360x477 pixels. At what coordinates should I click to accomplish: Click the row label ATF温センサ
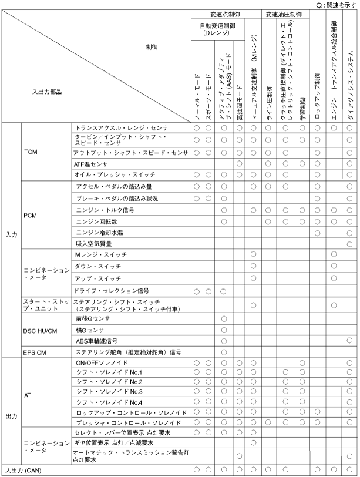pos(92,163)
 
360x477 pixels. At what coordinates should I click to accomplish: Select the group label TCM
pos(31,152)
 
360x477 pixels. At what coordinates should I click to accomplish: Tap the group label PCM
pos(31,216)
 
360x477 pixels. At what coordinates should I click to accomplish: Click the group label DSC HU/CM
pos(40,330)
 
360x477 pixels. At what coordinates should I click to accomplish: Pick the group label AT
pos(28,397)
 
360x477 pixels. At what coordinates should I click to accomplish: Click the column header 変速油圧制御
pos(284,13)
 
